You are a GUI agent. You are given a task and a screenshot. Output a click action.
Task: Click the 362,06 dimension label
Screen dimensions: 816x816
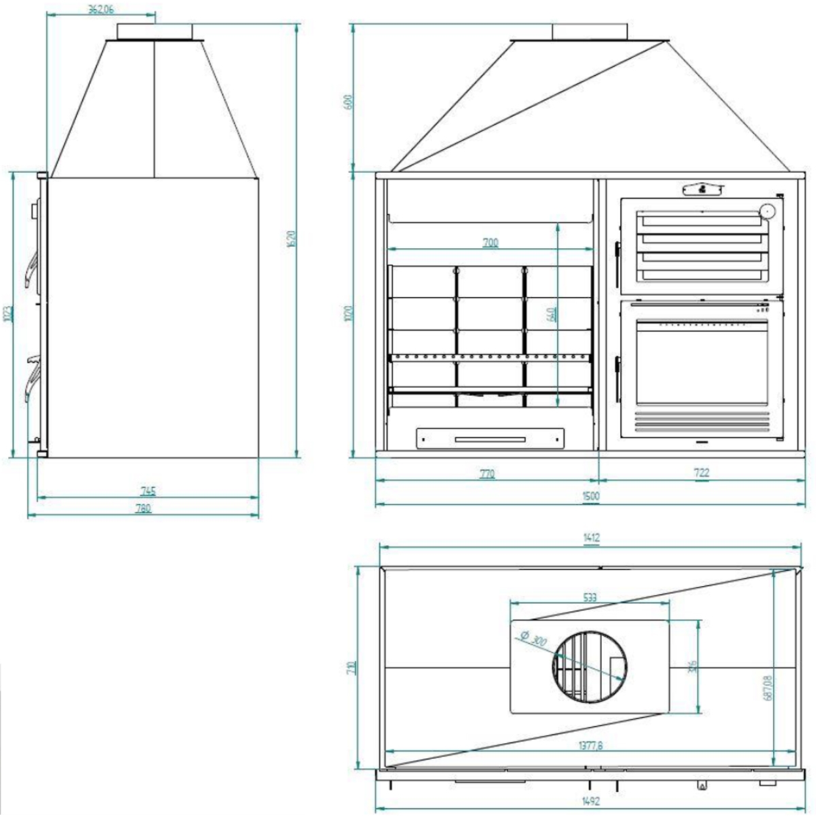(100, 9)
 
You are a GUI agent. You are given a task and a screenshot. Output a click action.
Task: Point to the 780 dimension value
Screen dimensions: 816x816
(143, 509)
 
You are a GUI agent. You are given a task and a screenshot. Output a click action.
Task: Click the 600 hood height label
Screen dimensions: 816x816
(350, 103)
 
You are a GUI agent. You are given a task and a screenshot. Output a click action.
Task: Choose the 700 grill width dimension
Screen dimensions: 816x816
(490, 242)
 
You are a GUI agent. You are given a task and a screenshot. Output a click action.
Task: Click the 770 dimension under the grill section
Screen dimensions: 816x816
(487, 474)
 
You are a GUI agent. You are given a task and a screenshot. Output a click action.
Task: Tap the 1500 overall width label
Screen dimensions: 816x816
(591, 496)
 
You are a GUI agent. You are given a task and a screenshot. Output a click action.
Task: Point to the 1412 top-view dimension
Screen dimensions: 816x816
(591, 538)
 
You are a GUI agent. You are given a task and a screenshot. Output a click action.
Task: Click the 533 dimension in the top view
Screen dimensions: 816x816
(590, 597)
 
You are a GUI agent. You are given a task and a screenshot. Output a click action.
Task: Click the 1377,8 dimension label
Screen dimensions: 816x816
(590, 745)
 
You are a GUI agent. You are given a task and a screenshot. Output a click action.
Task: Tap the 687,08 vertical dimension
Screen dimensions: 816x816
(768, 687)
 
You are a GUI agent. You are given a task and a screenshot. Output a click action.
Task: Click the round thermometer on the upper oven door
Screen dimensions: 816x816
(768, 211)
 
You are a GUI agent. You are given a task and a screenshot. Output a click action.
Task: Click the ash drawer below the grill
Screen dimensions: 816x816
(490, 439)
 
